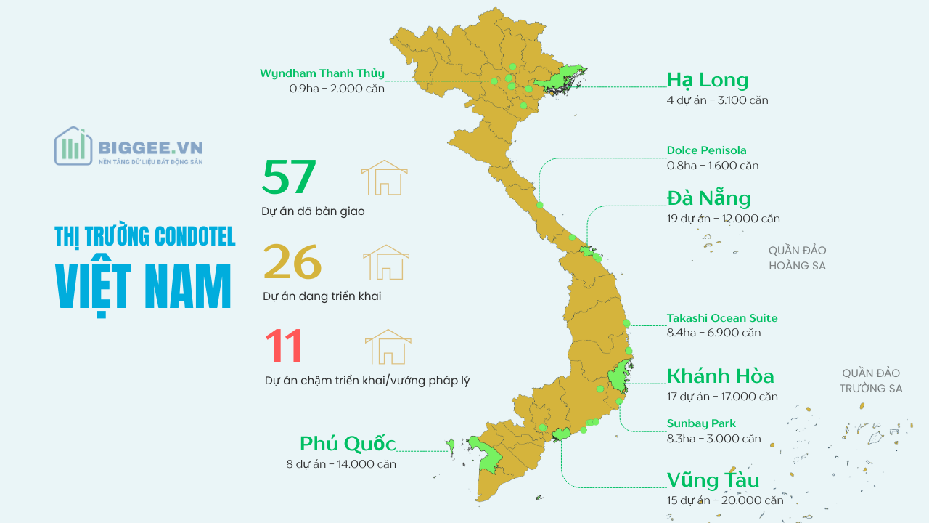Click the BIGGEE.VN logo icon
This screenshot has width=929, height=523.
[73, 146]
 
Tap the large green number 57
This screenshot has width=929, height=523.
[289, 177]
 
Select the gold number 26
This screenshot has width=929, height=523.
[292, 261]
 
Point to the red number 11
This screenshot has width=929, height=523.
[283, 346]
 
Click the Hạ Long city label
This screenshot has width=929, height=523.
[707, 80]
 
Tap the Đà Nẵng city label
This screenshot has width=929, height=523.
[708, 198]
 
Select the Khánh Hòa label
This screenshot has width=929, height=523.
[720, 376]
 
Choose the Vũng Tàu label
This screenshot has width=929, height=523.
[713, 480]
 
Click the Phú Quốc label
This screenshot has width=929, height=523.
[348, 444]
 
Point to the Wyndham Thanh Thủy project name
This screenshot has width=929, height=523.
[322, 73]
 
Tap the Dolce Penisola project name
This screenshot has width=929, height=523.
[706, 150]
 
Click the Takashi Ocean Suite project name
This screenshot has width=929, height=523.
[721, 318]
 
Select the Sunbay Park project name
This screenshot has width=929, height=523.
[701, 423]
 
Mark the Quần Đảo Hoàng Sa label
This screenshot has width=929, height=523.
[797, 258]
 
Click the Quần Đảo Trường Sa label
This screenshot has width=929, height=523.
[871, 381]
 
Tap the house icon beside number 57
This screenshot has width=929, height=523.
[384, 177]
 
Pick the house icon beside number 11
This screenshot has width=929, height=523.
[388, 346]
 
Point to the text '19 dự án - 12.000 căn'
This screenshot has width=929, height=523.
[723, 219]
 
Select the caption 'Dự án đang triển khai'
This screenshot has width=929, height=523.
[322, 296]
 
